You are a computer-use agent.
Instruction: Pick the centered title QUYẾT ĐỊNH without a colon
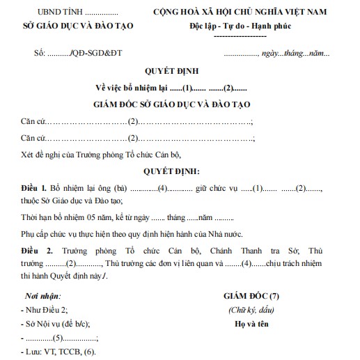coord(180,72)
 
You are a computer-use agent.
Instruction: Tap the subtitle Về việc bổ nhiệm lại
coord(132,88)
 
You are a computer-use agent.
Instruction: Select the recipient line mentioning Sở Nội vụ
coord(56,324)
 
